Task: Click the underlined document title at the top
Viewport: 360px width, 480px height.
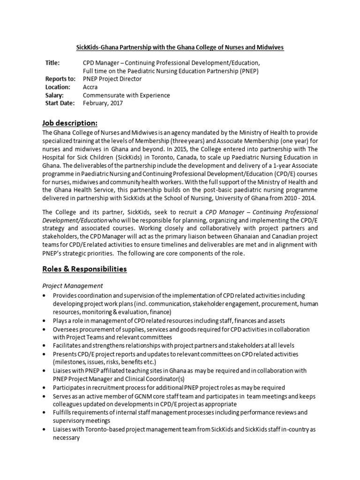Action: click(180, 47)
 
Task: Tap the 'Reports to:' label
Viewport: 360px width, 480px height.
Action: click(60, 79)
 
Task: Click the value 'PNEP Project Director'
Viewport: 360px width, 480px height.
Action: click(112, 79)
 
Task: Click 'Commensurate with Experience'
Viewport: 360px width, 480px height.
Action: click(126, 95)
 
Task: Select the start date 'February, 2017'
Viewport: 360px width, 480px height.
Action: click(103, 103)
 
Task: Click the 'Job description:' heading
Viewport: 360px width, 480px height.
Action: click(70, 123)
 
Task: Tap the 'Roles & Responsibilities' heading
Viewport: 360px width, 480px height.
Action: click(84, 269)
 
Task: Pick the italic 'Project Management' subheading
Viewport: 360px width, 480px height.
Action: click(73, 285)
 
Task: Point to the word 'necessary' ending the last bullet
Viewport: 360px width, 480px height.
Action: click(67, 438)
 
